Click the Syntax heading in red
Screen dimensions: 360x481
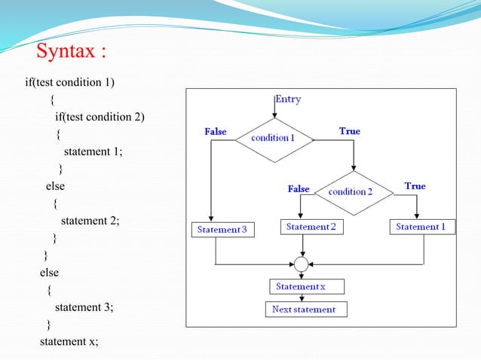[72, 53]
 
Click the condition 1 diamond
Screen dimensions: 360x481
[273, 139]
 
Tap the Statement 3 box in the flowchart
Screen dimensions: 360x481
[222, 229]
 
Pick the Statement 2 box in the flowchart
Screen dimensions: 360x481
[311, 227]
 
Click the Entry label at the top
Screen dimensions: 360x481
[289, 99]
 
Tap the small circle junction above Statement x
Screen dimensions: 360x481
[302, 264]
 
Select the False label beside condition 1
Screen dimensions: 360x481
[216, 132]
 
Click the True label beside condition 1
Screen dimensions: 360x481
[349, 131]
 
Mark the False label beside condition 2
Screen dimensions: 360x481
[299, 189]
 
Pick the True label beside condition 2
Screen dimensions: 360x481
[415, 186]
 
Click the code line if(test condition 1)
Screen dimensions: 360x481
[70, 81]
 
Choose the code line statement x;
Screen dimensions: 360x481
[69, 342]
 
